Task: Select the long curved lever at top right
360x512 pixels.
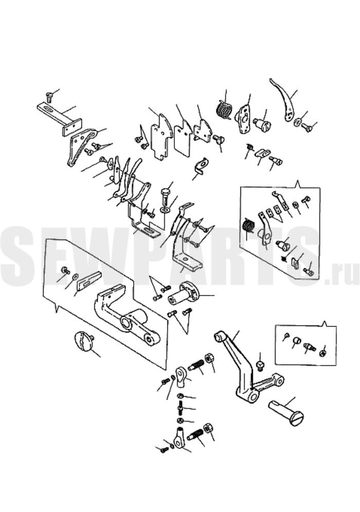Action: pyautogui.click(x=283, y=100)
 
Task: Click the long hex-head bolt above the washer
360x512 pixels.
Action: pyautogui.click(x=166, y=195)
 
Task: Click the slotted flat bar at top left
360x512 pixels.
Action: pyautogui.click(x=59, y=120)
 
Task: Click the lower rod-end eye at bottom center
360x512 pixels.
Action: pyautogui.click(x=179, y=437)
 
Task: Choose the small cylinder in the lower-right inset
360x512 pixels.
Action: pyautogui.click(x=296, y=341)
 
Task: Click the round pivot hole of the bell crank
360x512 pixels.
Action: pyautogui.click(x=254, y=396)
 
